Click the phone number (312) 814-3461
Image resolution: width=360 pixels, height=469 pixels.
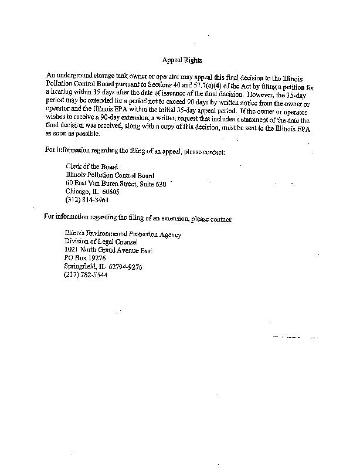87,199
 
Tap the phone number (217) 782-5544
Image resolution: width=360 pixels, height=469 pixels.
86,276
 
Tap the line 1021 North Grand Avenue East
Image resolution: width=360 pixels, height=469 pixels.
108,251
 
